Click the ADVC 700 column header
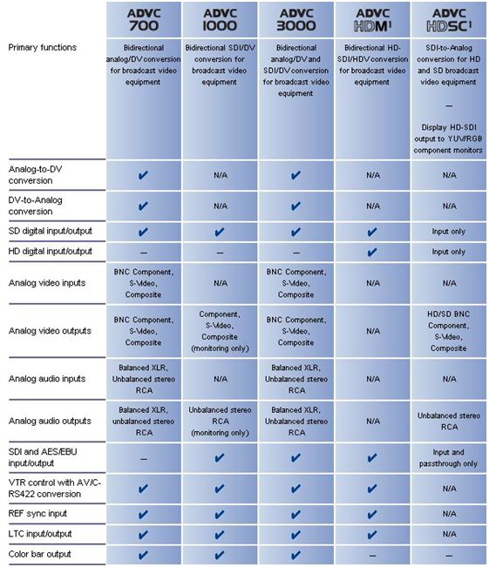(144, 19)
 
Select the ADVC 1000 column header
(220, 19)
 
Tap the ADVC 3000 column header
(296, 19)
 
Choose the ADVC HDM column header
(373, 19)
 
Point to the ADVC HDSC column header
(449, 19)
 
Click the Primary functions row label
(43, 47)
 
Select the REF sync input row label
(37, 514)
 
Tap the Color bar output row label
(40, 554)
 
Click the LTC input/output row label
(40, 534)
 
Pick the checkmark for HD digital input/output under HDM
(372, 252)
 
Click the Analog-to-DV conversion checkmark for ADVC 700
(143, 175)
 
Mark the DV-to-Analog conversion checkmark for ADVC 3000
(295, 206)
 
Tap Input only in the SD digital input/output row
(448, 232)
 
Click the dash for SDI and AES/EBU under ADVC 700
(144, 459)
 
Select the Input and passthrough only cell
(448, 458)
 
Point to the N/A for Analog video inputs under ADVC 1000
(221, 283)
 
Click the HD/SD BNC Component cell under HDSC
(448, 331)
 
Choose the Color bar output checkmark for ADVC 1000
(220, 555)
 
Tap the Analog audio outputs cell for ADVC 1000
(220, 422)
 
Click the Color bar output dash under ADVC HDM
(373, 556)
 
